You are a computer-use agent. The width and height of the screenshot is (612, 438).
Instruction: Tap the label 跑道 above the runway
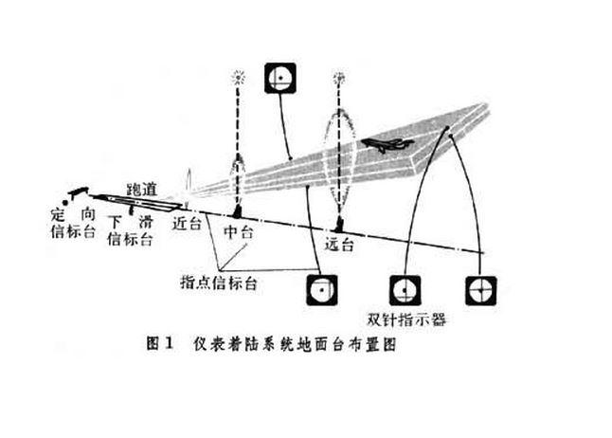[145, 188]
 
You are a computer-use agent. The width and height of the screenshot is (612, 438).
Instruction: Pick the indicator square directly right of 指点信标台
[320, 287]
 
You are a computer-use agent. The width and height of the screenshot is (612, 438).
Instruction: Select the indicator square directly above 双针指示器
[404, 287]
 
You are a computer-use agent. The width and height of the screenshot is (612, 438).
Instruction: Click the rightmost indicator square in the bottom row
[481, 287]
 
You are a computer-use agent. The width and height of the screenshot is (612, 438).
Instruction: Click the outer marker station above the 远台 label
[339, 227]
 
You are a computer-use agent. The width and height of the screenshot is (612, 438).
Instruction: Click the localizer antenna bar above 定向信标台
[75, 193]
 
